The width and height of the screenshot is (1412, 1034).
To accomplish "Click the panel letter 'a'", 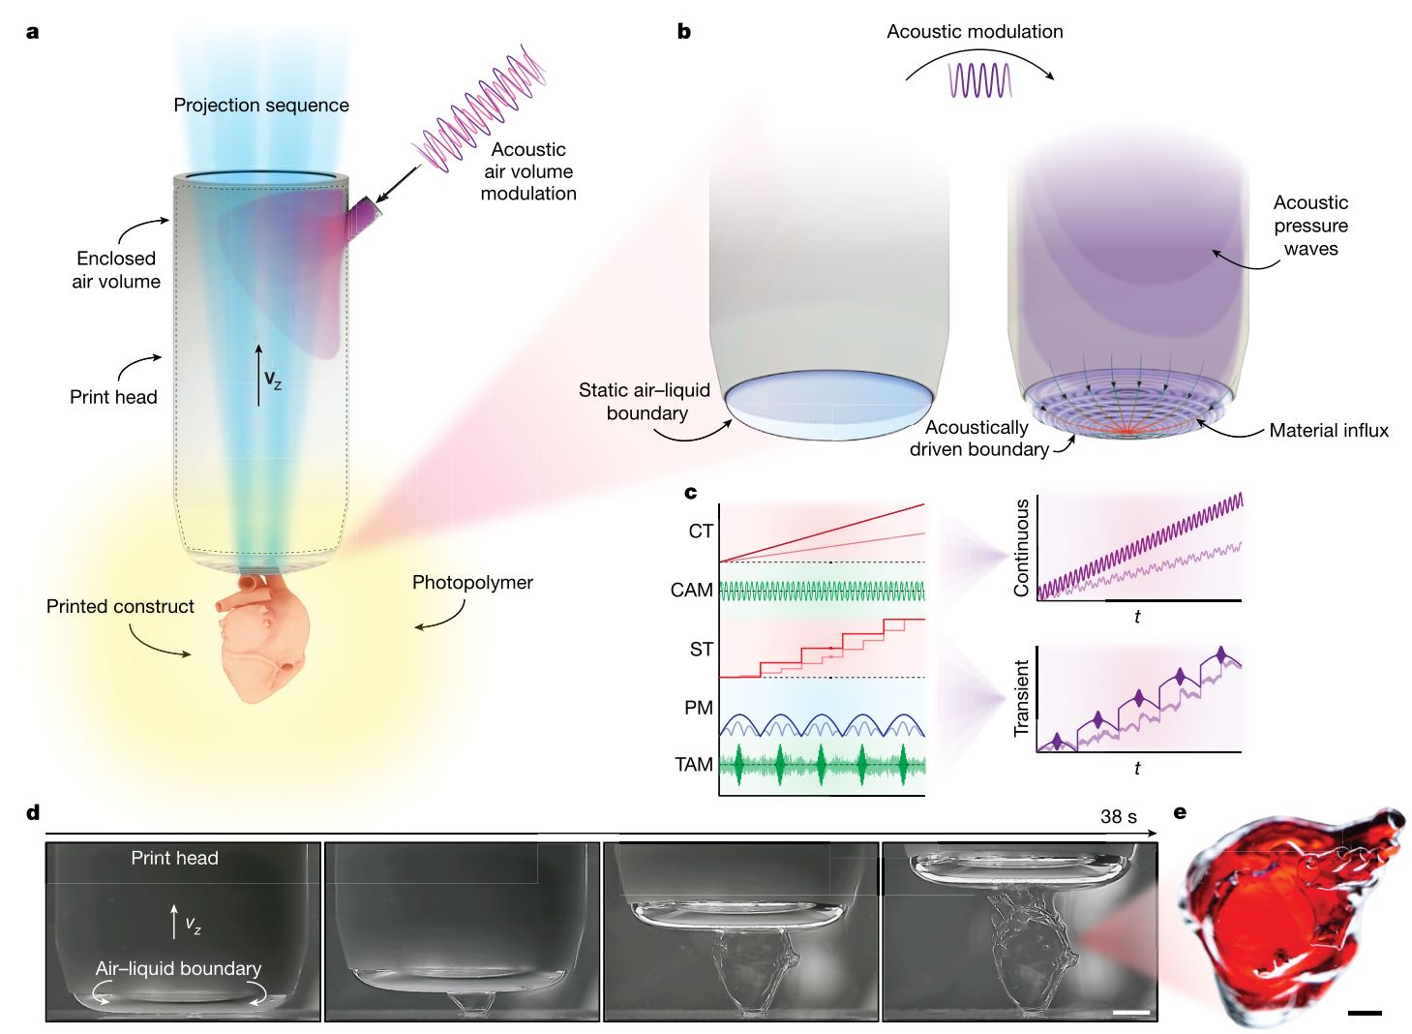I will (x=33, y=32).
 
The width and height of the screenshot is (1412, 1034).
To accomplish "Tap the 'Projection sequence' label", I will (x=261, y=105).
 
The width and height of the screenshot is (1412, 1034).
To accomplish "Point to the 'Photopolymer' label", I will (x=472, y=582).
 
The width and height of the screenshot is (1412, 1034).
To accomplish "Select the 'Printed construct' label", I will (x=120, y=606).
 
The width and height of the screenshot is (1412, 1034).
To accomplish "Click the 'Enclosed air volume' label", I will (x=116, y=270).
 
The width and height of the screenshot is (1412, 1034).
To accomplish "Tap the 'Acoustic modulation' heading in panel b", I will (x=975, y=31).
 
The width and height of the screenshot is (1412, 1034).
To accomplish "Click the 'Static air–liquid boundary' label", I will (x=646, y=402).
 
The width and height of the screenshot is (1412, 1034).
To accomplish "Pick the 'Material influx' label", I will (x=1329, y=431).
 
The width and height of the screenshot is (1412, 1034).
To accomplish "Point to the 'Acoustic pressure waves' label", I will (x=1310, y=226).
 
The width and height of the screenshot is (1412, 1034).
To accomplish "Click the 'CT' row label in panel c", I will (x=701, y=532).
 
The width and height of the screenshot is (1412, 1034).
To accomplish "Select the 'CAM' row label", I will (x=691, y=591).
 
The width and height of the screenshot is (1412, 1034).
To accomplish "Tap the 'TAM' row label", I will (x=693, y=765).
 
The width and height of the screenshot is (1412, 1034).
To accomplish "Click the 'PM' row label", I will (x=698, y=708).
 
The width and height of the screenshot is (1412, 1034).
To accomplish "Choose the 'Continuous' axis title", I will (x=1021, y=547).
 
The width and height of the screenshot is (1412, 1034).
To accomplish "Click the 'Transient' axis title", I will (x=1021, y=698).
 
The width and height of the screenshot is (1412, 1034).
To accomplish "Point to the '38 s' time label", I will (x=1118, y=816).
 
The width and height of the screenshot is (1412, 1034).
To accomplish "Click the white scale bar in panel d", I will (x=1131, y=1013).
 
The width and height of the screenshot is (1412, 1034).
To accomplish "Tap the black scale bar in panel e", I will (x=1364, y=1014).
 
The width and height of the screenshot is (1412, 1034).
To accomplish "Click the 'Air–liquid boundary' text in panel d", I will (x=178, y=968).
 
